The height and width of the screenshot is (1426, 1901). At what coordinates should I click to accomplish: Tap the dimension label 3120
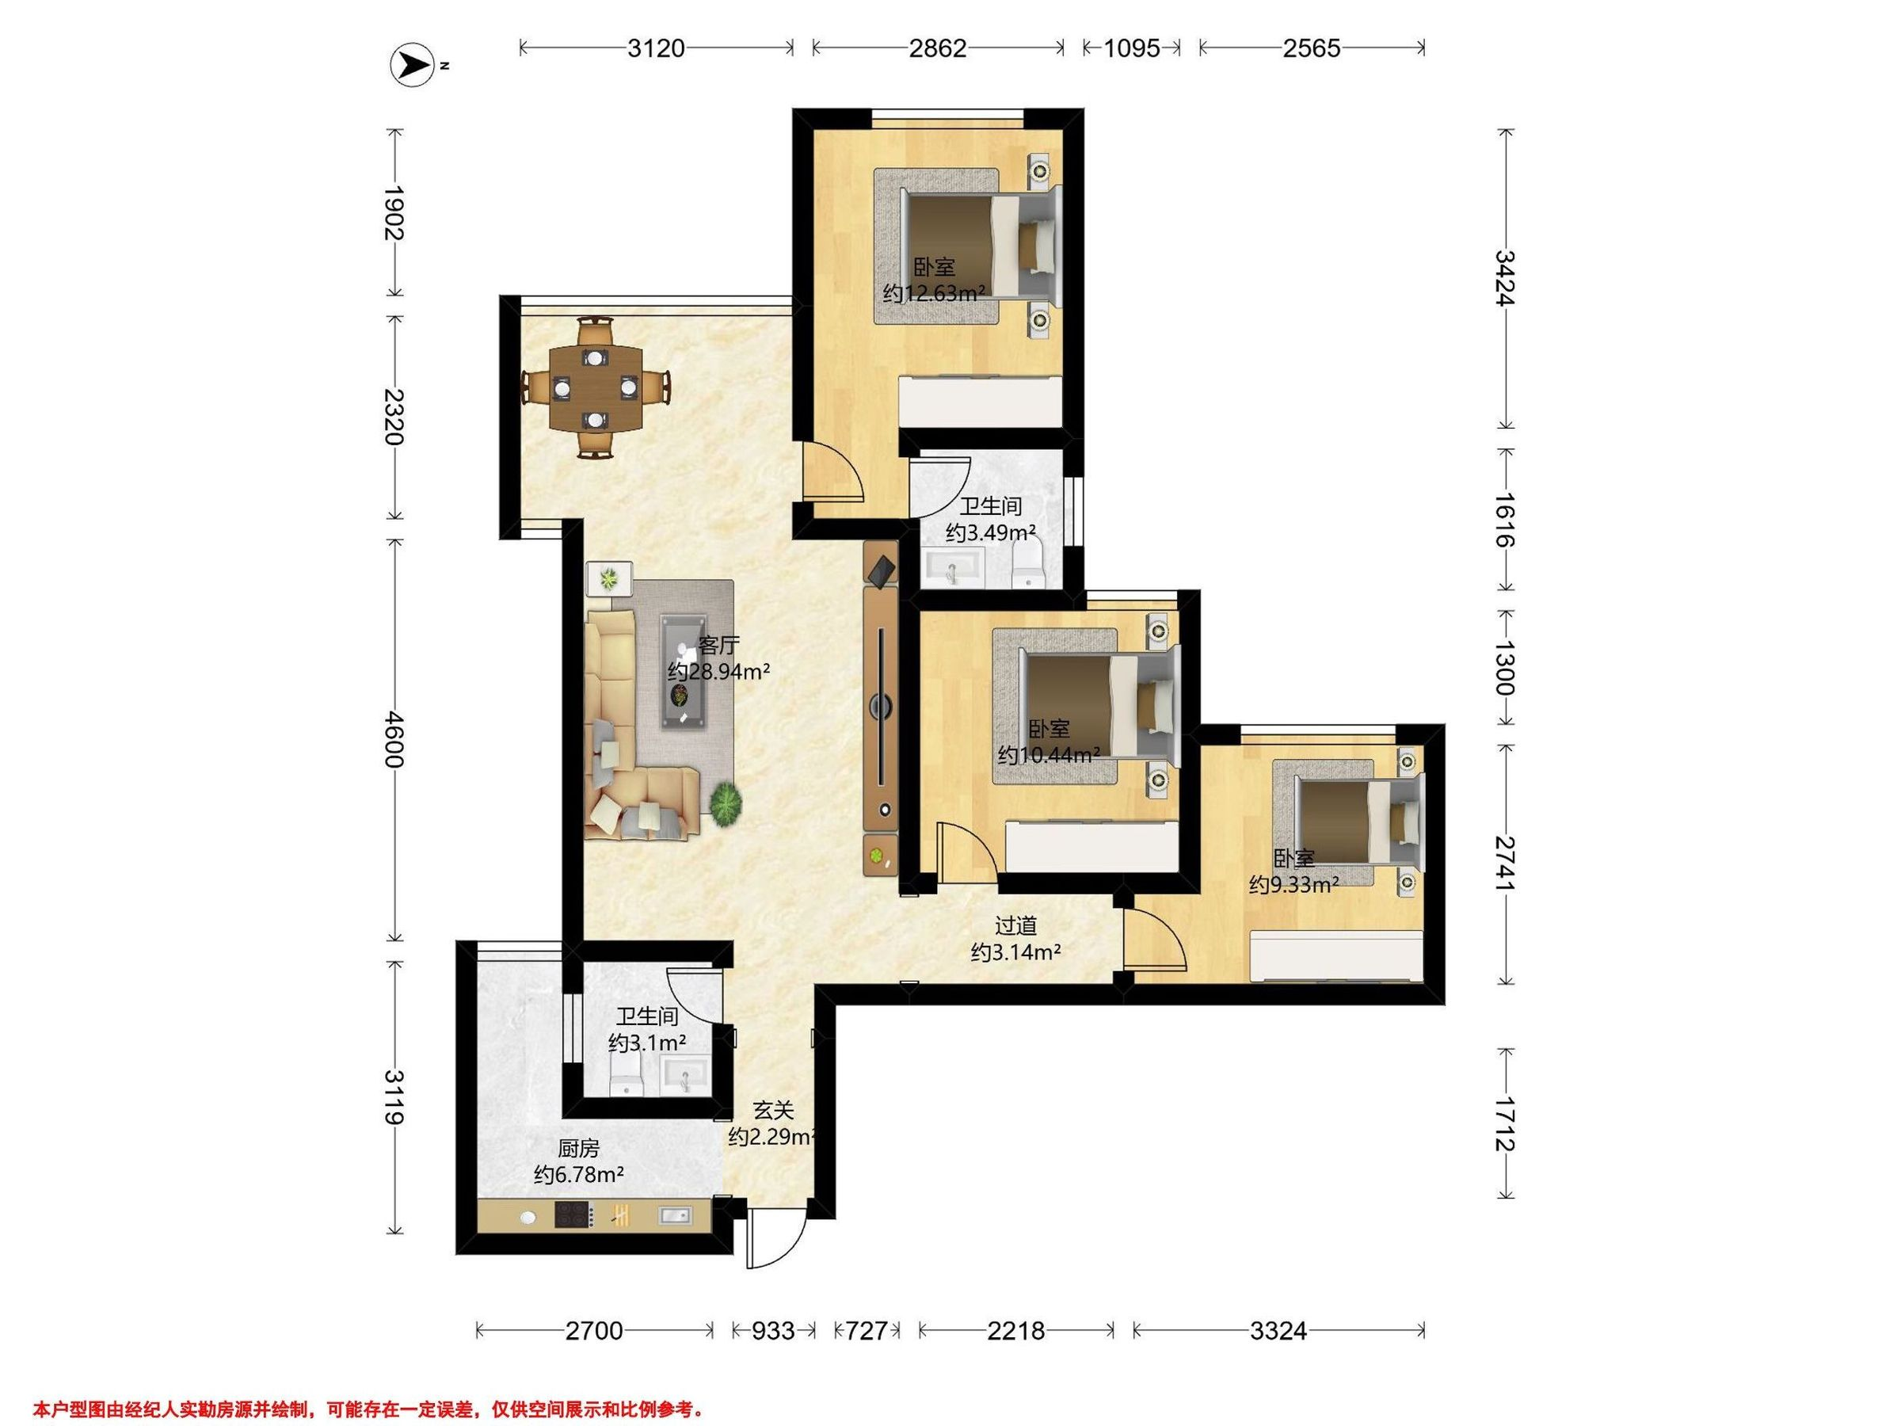656,48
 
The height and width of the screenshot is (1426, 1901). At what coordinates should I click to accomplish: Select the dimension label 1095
1131,48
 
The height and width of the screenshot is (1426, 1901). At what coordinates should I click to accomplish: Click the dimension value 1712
1504,1123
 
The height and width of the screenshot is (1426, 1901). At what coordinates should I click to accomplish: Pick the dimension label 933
772,1331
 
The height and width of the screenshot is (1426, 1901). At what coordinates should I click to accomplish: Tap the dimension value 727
867,1331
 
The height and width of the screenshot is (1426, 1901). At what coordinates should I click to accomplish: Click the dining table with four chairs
596,387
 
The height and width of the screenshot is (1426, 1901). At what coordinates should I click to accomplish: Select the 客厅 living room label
718,646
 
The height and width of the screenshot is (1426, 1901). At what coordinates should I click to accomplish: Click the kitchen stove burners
573,1214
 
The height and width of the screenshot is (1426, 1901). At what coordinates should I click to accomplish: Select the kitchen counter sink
676,1214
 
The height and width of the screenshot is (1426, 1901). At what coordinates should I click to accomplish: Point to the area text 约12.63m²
934,293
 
